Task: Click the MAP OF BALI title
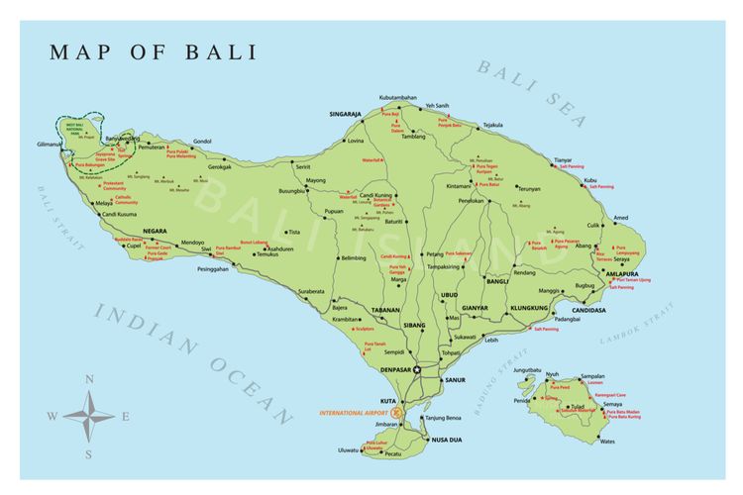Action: coord(153,51)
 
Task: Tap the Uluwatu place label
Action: coord(348,450)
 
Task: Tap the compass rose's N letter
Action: coord(89,379)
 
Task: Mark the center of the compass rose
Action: coord(89,416)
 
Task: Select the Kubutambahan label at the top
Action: coord(397,98)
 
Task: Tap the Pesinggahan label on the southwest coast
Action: coord(220,268)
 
